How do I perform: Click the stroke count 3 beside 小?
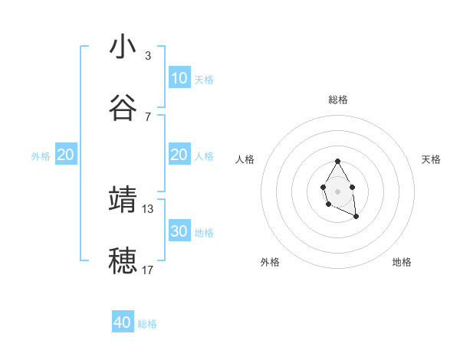pos(148,56)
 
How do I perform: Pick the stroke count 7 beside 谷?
pos(148,116)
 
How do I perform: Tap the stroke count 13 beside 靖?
pos(148,208)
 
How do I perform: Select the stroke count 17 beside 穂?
pos(148,270)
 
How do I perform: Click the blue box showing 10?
pos(179,78)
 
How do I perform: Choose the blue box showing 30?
pos(179,231)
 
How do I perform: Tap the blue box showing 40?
pos(123,322)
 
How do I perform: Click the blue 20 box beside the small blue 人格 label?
pos(179,155)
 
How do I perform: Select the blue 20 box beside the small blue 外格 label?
pos(66,155)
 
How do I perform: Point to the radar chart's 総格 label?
pos(338,100)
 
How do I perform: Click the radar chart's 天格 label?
pos(432,159)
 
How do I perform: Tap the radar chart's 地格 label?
pos(402,262)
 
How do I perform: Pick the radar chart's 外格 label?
pos(270,262)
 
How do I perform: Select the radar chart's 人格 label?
pos(245,159)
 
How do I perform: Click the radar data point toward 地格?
pos(356,217)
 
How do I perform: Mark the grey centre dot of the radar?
pos(337,191)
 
